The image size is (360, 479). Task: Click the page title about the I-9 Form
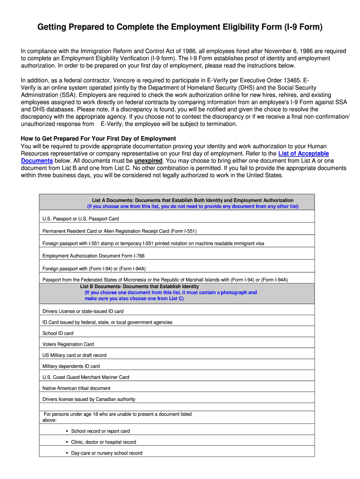180,28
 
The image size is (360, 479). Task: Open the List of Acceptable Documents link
303,153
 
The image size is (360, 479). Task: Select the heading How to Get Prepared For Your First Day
98,138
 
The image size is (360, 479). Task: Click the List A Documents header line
193,200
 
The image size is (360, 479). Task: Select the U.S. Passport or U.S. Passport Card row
80,218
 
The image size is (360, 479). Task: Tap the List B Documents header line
139,286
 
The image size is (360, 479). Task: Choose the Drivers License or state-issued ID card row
83,311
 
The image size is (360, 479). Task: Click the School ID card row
58,333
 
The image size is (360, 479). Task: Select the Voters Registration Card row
68,344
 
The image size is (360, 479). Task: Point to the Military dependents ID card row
71,366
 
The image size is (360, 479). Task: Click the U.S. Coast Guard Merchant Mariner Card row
86,377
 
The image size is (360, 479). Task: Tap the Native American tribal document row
76,388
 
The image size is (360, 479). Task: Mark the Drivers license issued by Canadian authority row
89,399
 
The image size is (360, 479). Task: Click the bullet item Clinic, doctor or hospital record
103,442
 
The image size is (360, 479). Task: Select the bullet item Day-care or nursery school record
107,453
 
